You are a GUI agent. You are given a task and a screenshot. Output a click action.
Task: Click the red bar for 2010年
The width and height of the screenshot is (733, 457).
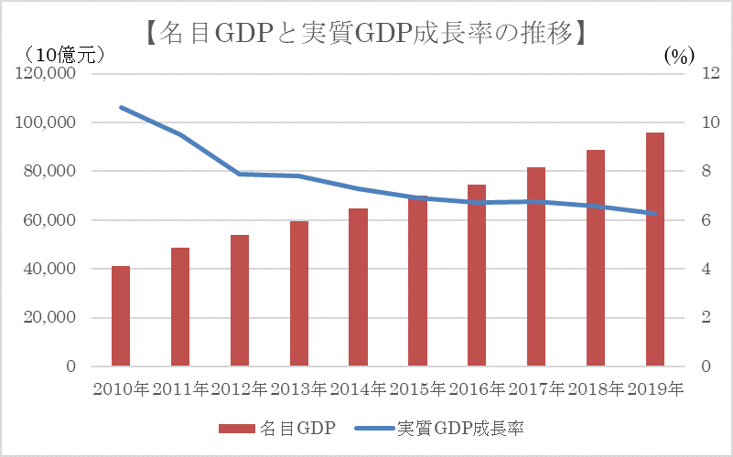(121, 316)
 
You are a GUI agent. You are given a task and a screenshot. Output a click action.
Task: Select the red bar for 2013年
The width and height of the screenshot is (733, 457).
(299, 293)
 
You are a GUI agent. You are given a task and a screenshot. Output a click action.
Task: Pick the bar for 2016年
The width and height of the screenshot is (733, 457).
(477, 275)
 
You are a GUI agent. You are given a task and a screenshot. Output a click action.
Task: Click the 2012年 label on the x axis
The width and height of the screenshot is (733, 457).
(240, 388)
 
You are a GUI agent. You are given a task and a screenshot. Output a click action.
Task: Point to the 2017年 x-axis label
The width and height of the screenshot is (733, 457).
(536, 388)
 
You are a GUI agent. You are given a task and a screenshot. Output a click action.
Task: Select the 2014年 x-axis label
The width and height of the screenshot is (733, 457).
(358, 388)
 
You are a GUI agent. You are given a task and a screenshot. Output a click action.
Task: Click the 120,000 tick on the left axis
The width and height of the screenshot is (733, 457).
(45, 74)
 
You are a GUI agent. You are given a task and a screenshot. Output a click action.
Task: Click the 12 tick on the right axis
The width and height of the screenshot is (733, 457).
(698, 74)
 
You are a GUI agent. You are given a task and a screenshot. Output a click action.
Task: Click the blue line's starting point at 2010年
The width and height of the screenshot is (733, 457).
(121, 107)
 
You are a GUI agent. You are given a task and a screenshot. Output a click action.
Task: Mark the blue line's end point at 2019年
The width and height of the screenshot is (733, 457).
(655, 214)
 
